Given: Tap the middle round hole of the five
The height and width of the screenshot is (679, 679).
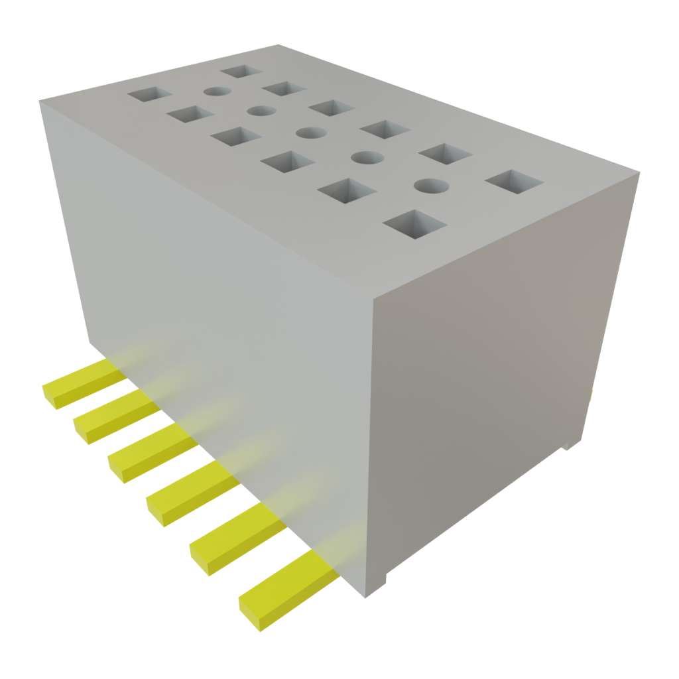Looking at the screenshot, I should coord(308,132).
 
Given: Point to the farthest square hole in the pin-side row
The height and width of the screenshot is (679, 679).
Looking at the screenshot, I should coord(148,94).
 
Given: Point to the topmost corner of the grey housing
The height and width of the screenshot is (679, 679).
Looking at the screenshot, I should coord(278,44).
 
